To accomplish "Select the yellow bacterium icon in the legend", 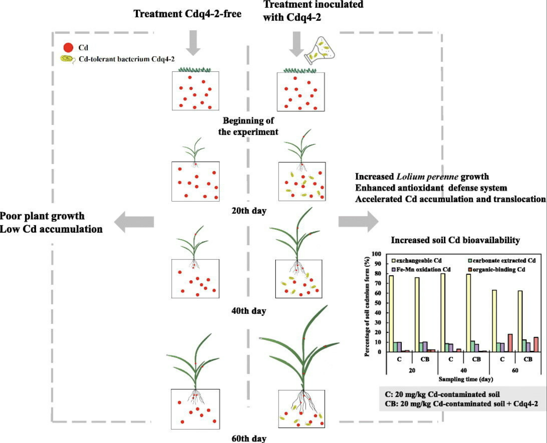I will pyautogui.click(x=67, y=59).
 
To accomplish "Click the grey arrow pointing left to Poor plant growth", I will pyautogui.click(x=134, y=222).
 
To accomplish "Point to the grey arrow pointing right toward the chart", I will pyautogui.click(x=358, y=222).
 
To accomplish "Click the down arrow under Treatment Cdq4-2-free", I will pyautogui.click(x=193, y=43).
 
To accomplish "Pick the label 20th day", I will pyautogui.click(x=249, y=211).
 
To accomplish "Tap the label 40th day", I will pyautogui.click(x=249, y=311).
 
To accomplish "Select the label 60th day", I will pyautogui.click(x=249, y=438).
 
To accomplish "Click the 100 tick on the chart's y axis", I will pyautogui.click(x=376, y=254).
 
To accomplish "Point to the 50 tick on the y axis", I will pyautogui.click(x=377, y=303).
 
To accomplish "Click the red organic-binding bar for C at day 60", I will pyautogui.click(x=510, y=343).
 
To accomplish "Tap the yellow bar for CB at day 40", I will pyautogui.click(x=468, y=313).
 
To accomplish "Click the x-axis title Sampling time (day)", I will pyautogui.click(x=466, y=379).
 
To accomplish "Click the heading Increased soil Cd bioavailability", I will pyautogui.click(x=455, y=240).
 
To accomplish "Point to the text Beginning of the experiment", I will pyautogui.click(x=248, y=126).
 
